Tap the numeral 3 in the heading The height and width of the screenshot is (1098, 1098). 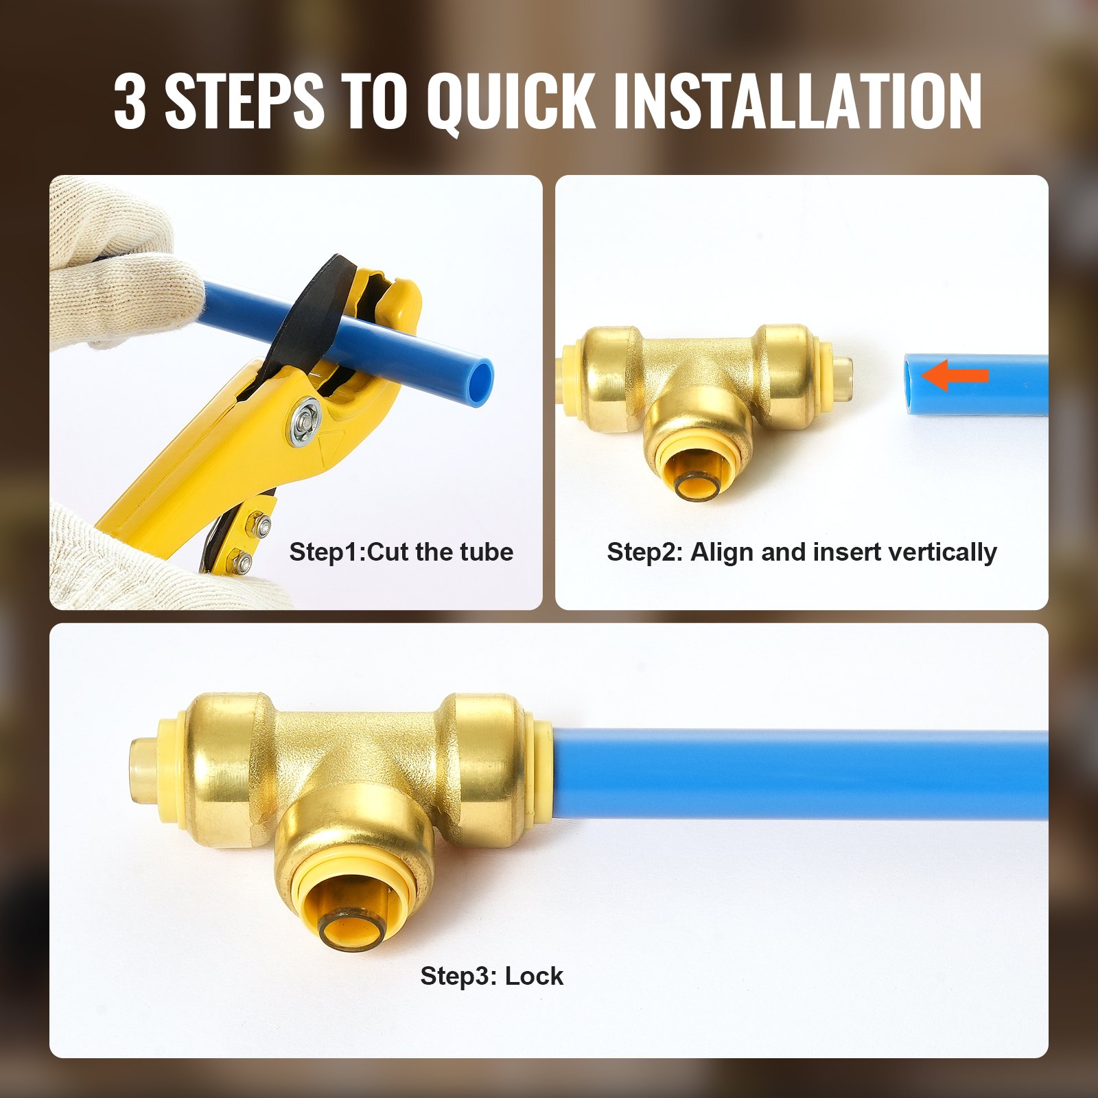pos(130,101)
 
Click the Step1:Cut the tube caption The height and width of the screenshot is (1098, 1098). pos(401,552)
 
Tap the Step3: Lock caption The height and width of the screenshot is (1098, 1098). pos(491,975)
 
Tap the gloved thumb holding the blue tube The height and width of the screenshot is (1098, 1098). pos(137,288)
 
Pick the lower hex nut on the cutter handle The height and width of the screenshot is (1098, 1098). pos(242,564)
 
